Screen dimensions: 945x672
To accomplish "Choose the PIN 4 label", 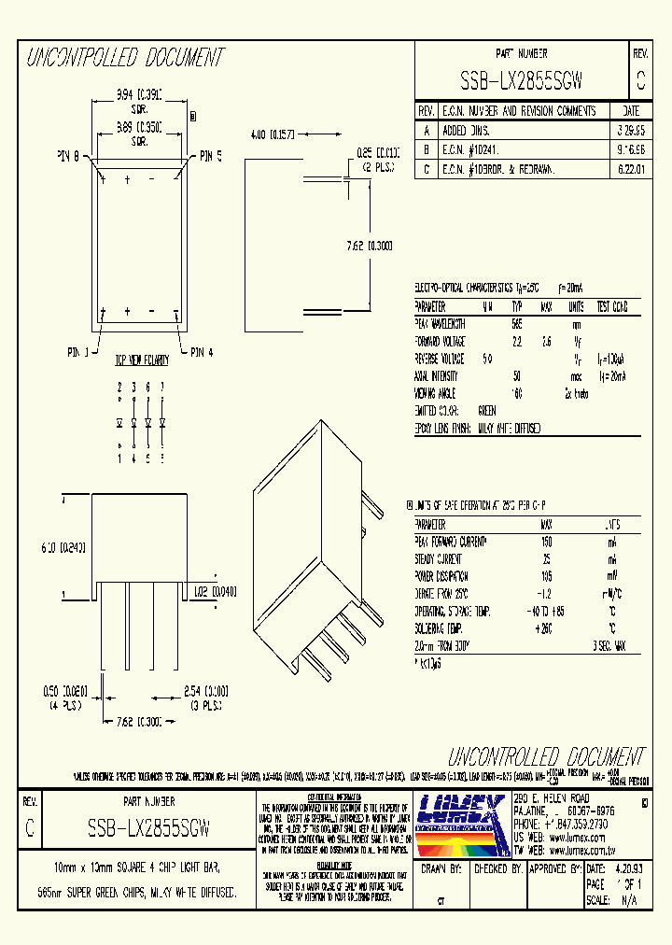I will pyautogui.click(x=201, y=352).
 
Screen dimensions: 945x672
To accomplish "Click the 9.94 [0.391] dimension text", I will pyautogui.click(x=140, y=94).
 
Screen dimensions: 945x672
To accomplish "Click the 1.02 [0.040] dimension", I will pyautogui.click(x=215, y=591).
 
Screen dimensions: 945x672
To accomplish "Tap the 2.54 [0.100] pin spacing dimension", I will pyautogui.click(x=206, y=692).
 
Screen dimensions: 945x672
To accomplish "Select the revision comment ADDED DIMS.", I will pyautogui.click(x=466, y=130).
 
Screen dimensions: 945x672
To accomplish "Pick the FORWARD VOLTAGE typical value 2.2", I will pyautogui.click(x=516, y=341).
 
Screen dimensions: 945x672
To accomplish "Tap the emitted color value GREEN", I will pyautogui.click(x=487, y=410).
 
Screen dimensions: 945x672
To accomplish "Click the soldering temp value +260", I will pyautogui.click(x=547, y=628).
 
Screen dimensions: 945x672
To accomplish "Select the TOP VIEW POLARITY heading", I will pyautogui.click(x=141, y=360).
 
